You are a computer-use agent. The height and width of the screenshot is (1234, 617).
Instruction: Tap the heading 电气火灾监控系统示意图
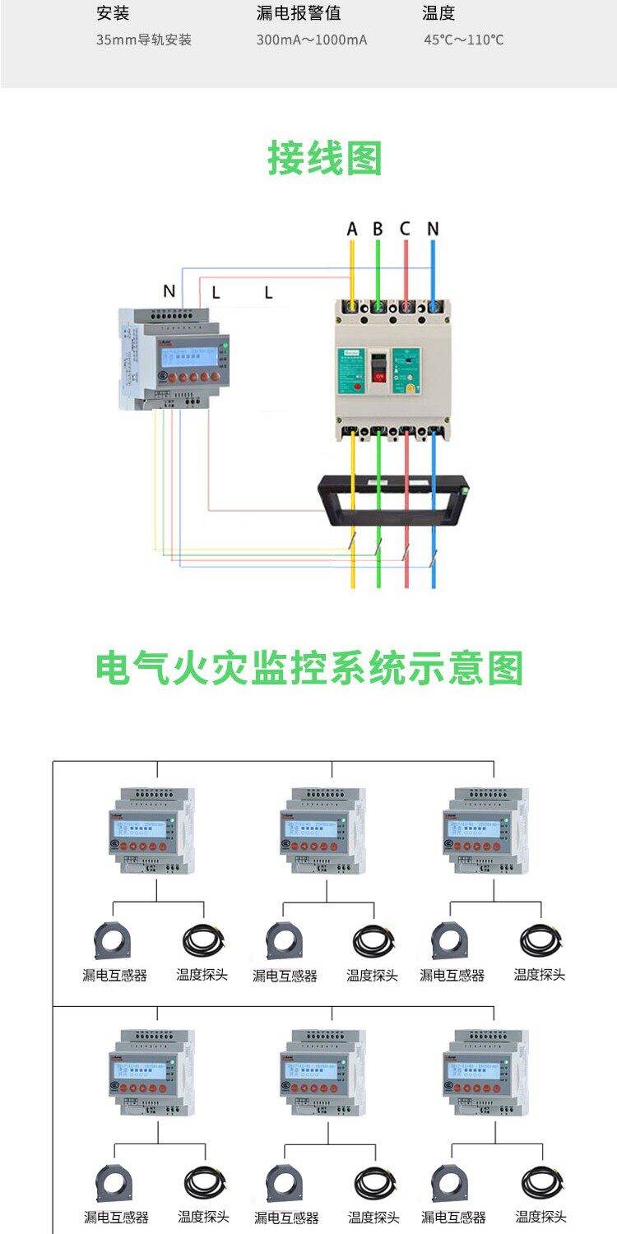309,669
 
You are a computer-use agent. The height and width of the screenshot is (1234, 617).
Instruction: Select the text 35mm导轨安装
143,39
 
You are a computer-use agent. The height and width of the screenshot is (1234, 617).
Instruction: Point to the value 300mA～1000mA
312,39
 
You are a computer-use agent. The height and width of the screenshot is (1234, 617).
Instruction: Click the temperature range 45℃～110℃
464,39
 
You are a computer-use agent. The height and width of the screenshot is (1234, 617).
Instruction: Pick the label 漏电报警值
299,13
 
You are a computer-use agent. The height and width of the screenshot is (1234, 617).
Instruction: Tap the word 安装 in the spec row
113,13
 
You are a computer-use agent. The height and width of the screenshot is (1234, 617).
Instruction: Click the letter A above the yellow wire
352,229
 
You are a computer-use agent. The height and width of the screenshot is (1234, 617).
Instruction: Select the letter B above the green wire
378,229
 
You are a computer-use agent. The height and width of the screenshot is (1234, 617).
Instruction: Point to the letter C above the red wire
405,229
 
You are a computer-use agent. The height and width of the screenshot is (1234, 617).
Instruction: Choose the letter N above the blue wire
433,229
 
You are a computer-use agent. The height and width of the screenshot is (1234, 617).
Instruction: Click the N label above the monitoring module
169,290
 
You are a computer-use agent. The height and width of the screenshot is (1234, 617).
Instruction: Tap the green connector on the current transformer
465,490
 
